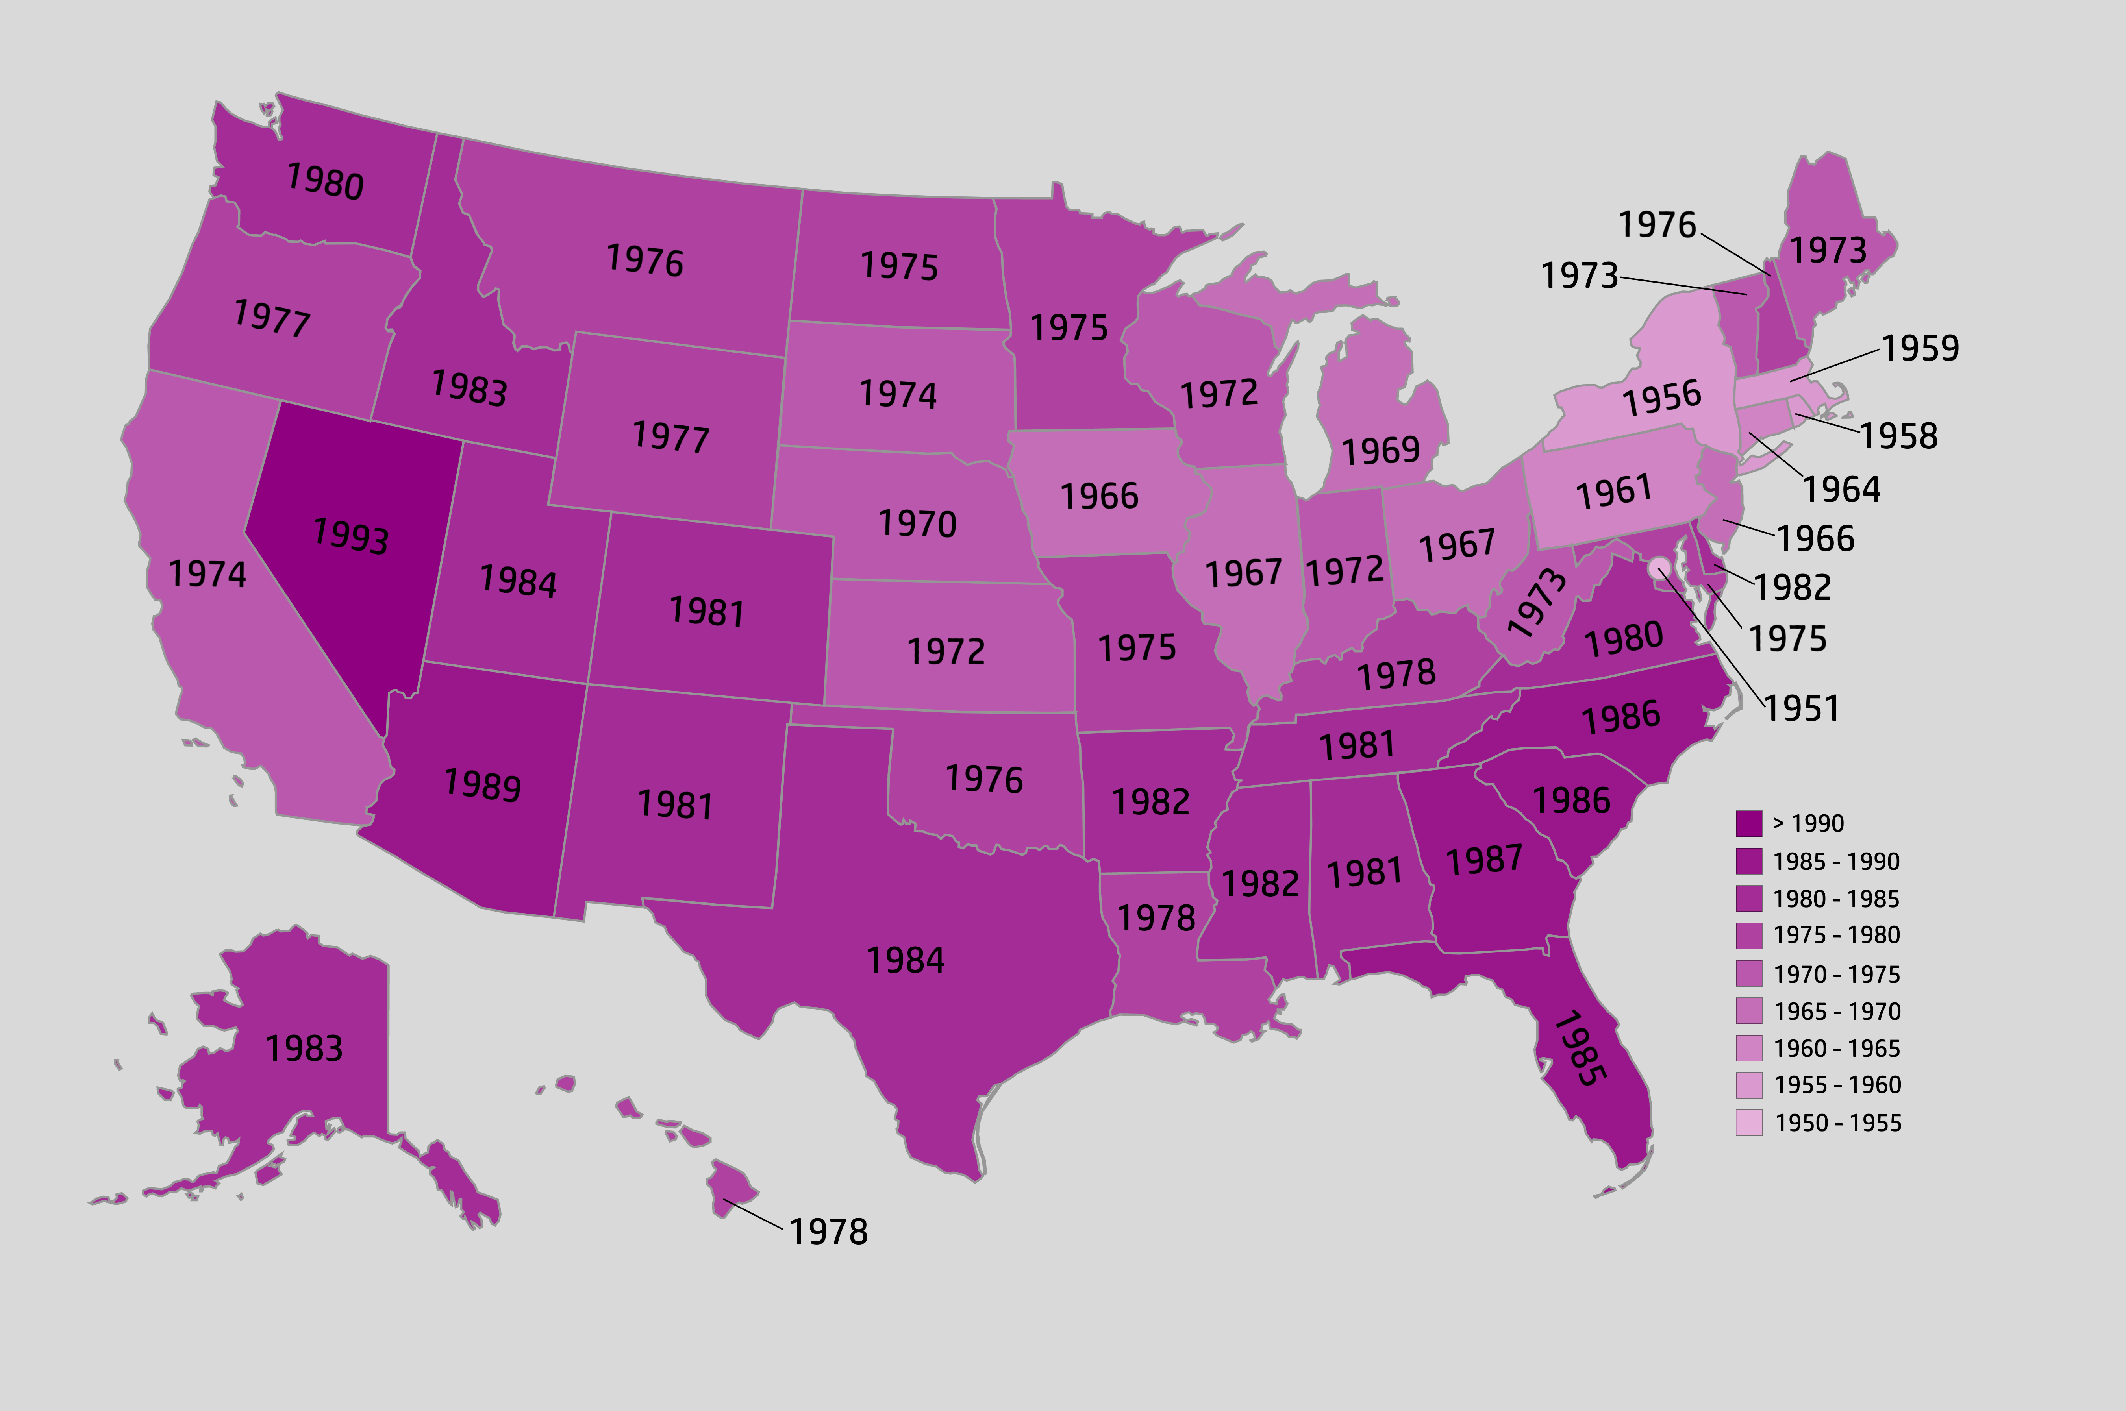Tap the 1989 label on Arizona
click(482, 785)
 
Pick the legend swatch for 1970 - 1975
click(1749, 974)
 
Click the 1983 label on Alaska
click(304, 1049)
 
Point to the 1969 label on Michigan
click(1381, 450)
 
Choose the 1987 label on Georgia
click(1484, 860)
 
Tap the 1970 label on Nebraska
click(917, 524)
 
